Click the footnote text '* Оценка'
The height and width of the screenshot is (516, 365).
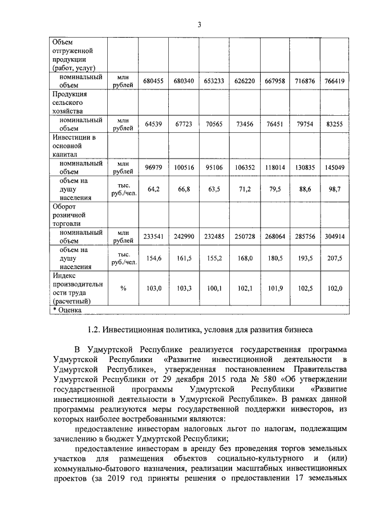[x=67, y=310]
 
